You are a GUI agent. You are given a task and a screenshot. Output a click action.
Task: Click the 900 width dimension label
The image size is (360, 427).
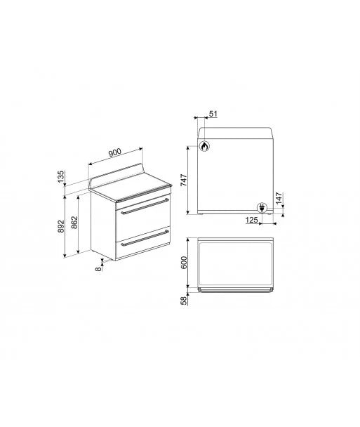coord(115,152)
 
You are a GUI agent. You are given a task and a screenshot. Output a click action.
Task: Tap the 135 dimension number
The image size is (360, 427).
coord(61,176)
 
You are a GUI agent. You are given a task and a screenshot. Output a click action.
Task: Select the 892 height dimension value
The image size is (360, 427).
coord(61,226)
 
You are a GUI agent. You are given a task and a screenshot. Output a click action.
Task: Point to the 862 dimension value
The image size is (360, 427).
coord(74,222)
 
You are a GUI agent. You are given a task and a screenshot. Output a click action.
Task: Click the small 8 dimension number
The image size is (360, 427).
coord(98,269)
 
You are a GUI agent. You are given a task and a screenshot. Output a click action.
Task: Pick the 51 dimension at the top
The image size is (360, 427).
coord(213,114)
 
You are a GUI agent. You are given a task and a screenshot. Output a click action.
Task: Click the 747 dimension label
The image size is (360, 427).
coord(185,180)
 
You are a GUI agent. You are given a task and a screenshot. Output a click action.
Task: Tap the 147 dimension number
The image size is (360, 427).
coord(279,198)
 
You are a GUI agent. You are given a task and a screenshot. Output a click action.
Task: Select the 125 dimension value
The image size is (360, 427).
coord(252,220)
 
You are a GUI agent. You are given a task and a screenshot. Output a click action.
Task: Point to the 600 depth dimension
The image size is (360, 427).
coord(185,263)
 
